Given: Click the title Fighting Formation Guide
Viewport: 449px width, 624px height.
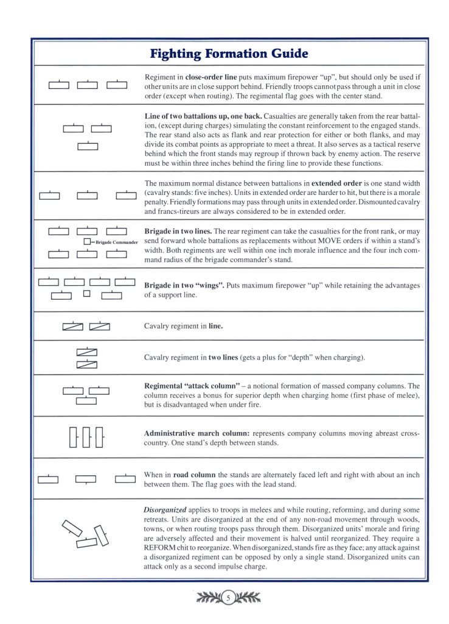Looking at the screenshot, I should (x=229, y=54).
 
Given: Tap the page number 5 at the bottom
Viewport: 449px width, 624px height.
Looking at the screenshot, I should (x=228, y=598).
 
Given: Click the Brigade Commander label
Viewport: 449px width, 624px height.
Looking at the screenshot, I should (x=117, y=243).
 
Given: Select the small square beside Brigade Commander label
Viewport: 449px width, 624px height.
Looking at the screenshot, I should (x=86, y=243).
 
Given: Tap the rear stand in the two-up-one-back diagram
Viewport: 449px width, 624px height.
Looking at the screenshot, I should (x=88, y=146).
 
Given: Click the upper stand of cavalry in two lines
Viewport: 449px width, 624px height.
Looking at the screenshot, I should (x=87, y=353).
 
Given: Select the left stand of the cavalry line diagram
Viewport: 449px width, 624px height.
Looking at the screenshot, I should (x=73, y=327).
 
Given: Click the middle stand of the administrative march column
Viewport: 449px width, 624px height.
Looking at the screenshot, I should (x=87, y=437).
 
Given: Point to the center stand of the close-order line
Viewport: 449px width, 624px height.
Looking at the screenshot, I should (x=88, y=85).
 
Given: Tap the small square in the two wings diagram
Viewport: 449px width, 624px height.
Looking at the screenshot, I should (x=86, y=294).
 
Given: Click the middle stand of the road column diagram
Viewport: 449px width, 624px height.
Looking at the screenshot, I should (x=86, y=479).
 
